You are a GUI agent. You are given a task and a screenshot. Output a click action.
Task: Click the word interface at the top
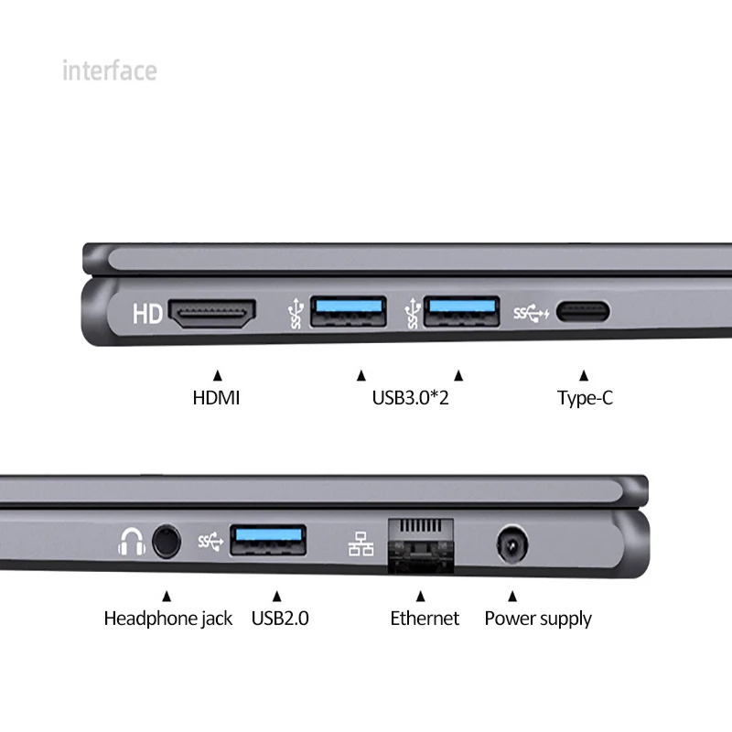(x=109, y=70)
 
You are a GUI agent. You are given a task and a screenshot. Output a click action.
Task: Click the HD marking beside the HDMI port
(x=147, y=315)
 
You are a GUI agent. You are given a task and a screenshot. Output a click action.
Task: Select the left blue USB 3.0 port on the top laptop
(x=349, y=313)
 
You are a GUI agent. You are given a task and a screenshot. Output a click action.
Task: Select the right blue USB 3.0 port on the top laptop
(x=462, y=313)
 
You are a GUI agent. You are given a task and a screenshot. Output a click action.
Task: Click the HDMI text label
(x=216, y=398)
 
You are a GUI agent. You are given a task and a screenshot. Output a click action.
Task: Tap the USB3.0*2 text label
(x=410, y=398)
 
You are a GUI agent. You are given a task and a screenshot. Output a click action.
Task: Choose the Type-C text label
(x=585, y=398)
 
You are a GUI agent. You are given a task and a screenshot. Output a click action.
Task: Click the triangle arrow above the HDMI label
(x=217, y=374)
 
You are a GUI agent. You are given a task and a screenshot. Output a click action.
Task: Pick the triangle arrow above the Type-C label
(x=583, y=374)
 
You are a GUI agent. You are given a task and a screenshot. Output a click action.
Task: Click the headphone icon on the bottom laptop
(x=131, y=543)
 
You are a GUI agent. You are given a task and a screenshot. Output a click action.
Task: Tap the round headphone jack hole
(x=166, y=542)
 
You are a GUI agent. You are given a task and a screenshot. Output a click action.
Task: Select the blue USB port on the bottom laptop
(x=268, y=541)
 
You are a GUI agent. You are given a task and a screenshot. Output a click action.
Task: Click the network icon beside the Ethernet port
(x=361, y=544)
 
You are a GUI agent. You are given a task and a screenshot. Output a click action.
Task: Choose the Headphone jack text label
(x=168, y=619)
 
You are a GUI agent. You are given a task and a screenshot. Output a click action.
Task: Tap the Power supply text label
(x=538, y=619)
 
